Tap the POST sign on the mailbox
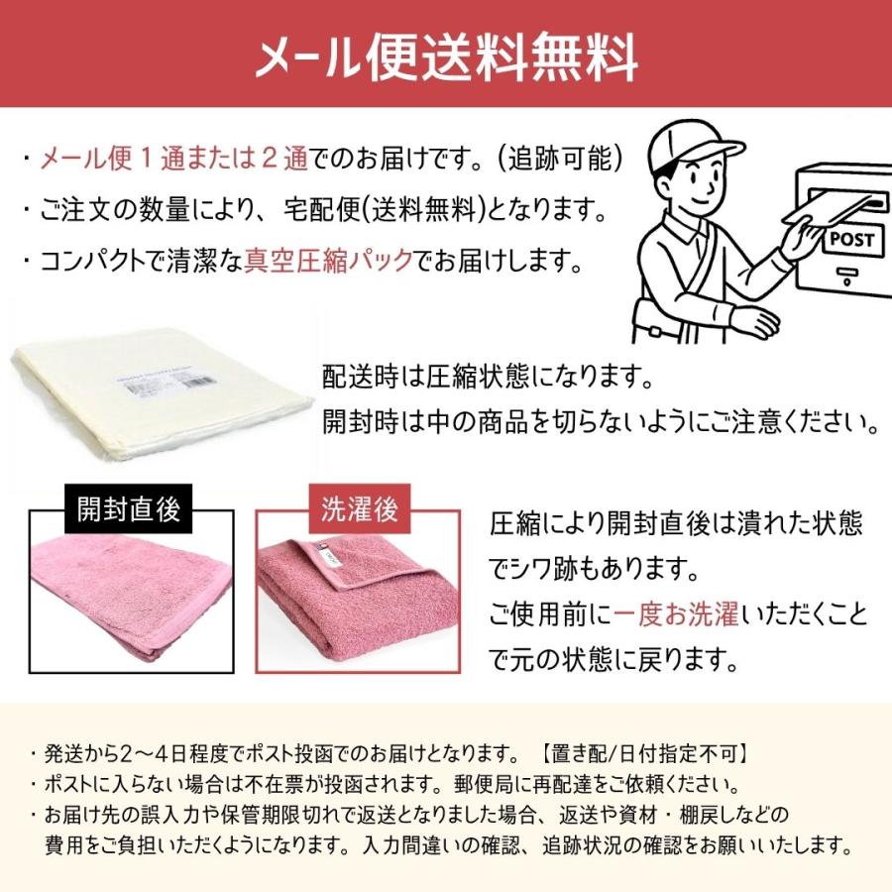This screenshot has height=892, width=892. click(851, 239)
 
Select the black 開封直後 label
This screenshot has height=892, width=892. click(129, 509)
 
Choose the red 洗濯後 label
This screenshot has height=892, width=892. click(359, 509)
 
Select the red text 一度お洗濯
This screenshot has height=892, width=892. click(676, 614)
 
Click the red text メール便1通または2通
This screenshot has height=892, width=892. click(174, 159)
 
